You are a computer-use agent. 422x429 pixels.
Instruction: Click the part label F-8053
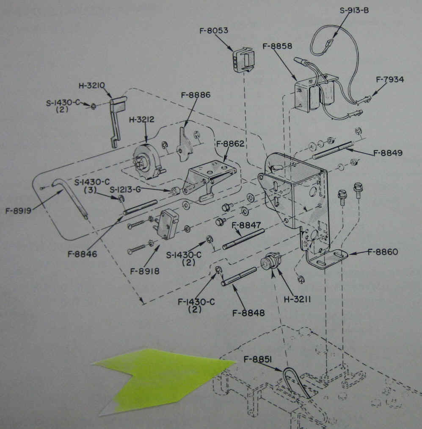tap(214, 31)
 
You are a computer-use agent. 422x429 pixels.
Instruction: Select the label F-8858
tap(277, 46)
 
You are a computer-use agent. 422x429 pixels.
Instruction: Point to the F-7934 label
tap(390, 79)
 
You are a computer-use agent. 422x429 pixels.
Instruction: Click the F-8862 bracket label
tap(230, 144)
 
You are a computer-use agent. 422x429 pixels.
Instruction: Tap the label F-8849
tap(388, 152)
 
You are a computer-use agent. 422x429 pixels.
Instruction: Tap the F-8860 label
tap(383, 252)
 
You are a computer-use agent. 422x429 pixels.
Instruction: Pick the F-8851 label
tap(257, 360)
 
